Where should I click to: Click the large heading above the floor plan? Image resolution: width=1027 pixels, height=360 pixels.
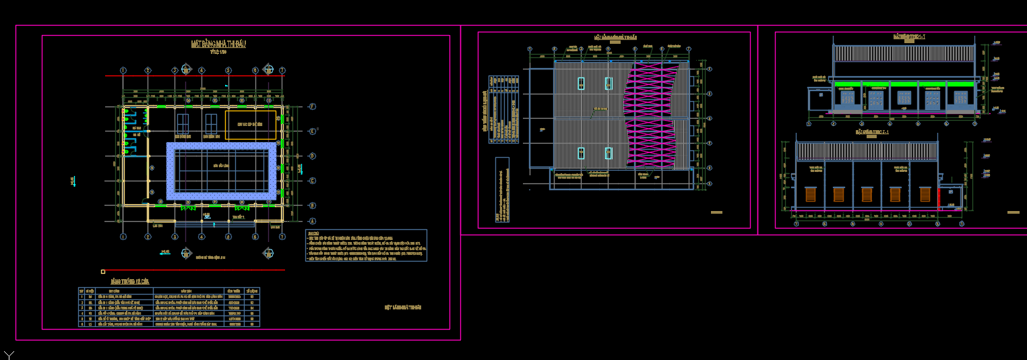click(219, 44)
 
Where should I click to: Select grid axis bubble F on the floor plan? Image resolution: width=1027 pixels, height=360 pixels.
click(312, 107)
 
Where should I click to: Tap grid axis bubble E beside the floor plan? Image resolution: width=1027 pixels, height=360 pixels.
click(312, 131)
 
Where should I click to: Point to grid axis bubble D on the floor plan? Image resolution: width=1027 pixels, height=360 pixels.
click(312, 156)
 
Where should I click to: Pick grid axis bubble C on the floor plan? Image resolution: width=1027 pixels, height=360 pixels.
click(312, 180)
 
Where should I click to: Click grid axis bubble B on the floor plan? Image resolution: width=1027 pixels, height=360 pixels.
click(312, 205)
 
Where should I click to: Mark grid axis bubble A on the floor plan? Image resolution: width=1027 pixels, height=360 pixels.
click(312, 221)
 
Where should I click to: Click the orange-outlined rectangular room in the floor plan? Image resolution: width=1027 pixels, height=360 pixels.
click(250, 125)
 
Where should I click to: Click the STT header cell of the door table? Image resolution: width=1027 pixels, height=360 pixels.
click(82, 291)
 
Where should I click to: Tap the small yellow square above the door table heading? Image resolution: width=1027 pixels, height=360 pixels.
click(103, 272)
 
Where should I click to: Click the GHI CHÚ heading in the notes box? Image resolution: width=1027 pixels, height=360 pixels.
click(313, 233)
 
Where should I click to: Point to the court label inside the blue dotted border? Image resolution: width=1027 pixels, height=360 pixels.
click(220, 165)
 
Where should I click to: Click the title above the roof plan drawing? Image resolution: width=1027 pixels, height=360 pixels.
click(615, 38)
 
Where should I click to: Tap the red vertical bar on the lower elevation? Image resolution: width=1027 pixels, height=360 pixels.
click(939, 198)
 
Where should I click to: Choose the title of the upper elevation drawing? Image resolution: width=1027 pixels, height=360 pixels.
click(909, 36)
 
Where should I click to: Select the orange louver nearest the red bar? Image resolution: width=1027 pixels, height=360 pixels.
click(925, 194)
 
